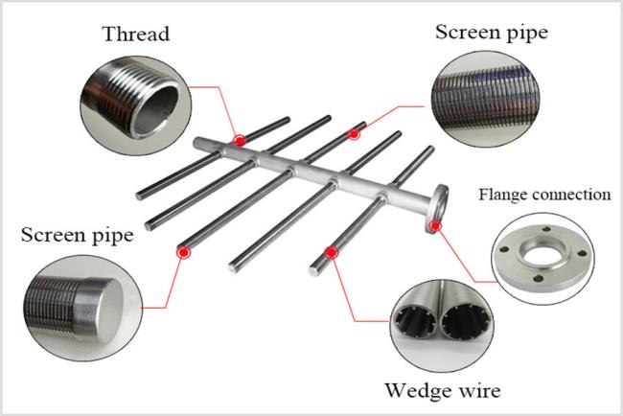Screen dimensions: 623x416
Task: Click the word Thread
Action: [x=136, y=34]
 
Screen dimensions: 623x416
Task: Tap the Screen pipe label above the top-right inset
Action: [x=492, y=33]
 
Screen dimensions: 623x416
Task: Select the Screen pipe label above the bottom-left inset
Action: [x=77, y=235]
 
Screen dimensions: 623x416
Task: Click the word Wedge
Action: [x=419, y=390]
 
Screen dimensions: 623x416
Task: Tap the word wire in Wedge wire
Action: [x=479, y=390]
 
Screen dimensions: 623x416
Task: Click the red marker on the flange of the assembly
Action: [x=435, y=225]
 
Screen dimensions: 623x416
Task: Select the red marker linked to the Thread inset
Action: [x=240, y=140]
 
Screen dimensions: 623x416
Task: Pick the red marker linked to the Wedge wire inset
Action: [x=331, y=252]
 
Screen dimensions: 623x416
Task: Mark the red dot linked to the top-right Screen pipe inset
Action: [x=354, y=135]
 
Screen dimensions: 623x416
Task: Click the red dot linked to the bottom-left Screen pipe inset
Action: [x=183, y=252]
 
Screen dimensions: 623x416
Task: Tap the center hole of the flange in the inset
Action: [x=543, y=254]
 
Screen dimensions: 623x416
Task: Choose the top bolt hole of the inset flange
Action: [x=546, y=229]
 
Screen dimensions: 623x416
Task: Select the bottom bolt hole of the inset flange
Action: [x=539, y=278]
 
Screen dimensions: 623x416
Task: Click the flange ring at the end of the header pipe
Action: [x=438, y=209]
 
